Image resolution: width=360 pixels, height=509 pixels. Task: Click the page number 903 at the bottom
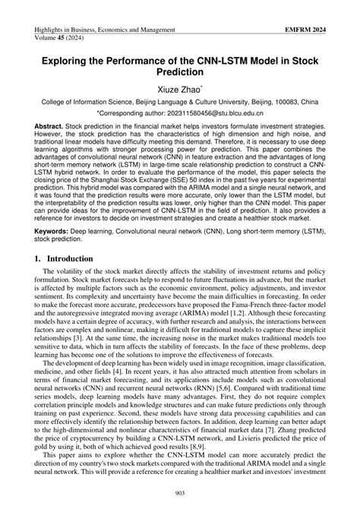[x=179, y=495]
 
